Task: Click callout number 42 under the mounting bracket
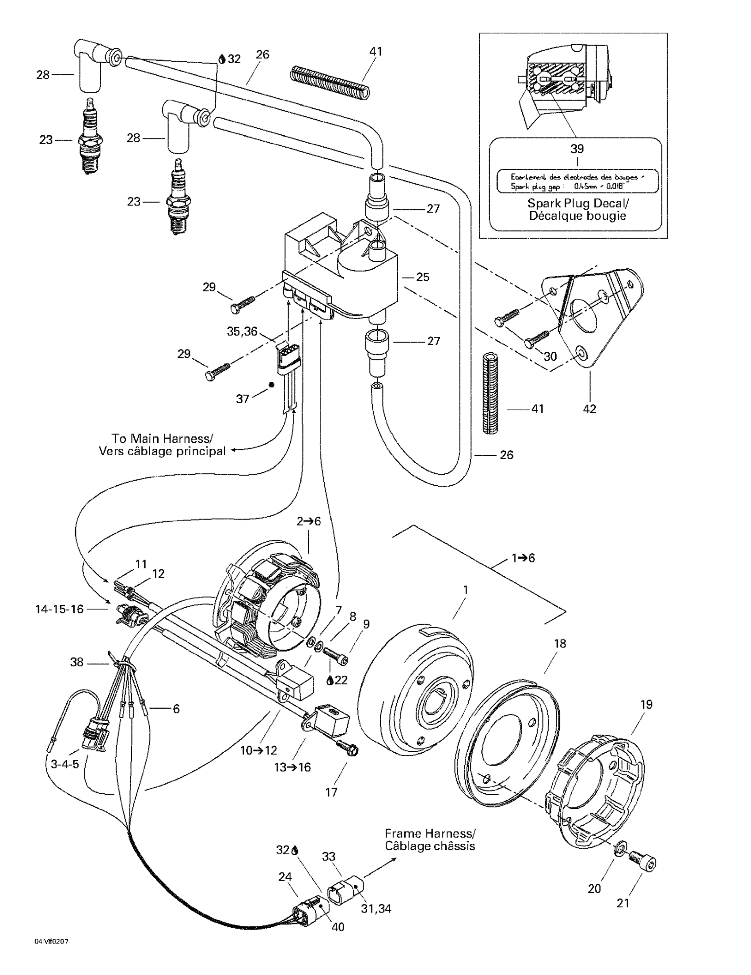coord(589,409)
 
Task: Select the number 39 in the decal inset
coord(577,149)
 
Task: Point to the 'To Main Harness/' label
coord(162,438)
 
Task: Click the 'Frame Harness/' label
coord(430,834)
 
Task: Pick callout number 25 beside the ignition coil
coord(422,277)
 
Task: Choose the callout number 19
coord(646,705)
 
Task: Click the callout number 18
coord(560,644)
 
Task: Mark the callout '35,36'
coord(242,331)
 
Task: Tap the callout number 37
coord(242,399)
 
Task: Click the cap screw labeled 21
coord(643,865)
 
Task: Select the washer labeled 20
coord(621,847)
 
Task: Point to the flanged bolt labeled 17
coord(347,746)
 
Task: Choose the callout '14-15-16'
coord(59,609)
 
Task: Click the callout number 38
coord(77,662)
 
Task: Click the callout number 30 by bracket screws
coord(550,356)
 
